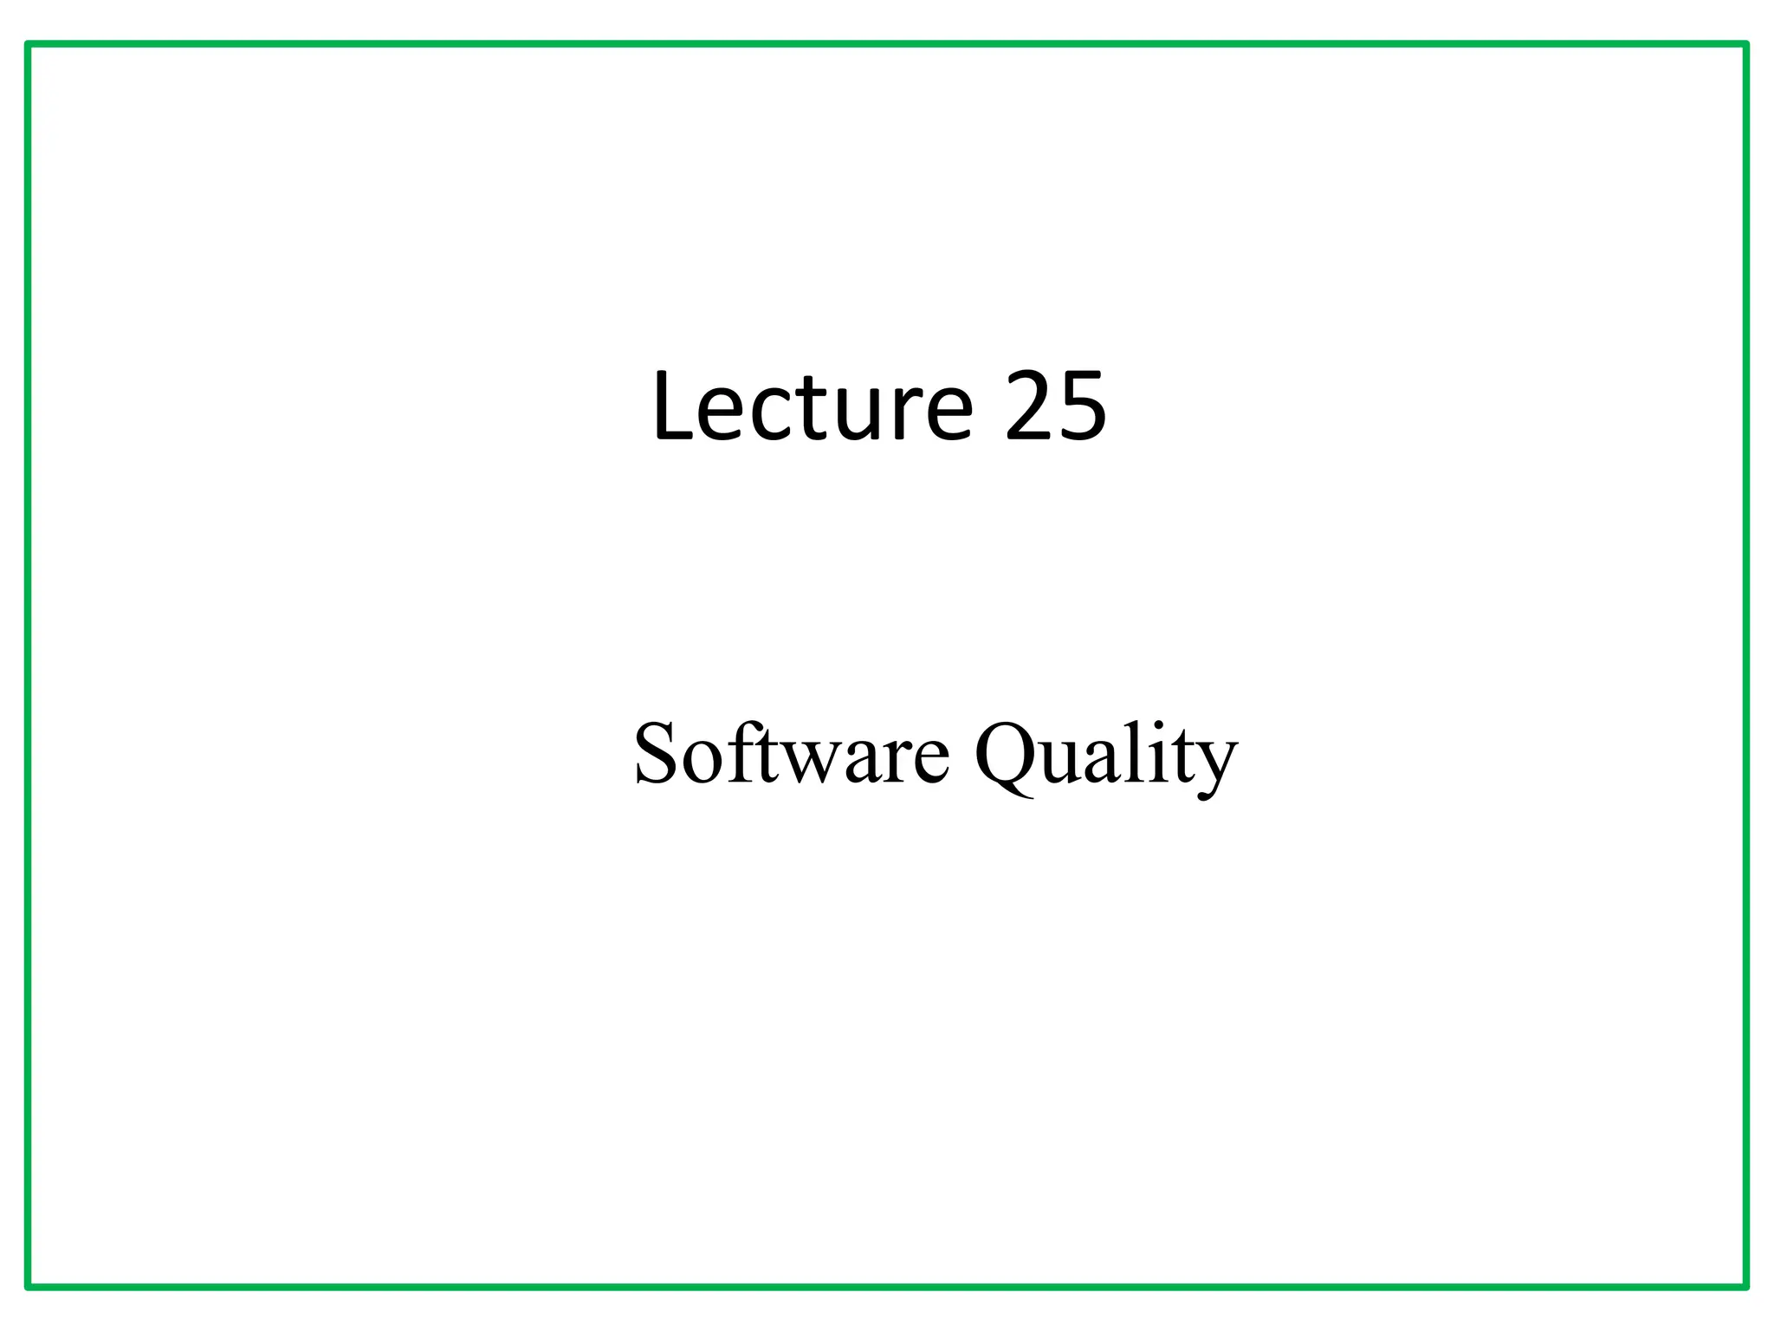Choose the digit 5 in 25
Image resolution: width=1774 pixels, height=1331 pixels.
coord(1083,406)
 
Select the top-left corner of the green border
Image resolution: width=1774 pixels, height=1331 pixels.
coord(29,44)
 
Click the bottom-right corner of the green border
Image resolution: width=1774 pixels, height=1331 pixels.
coord(1745,1287)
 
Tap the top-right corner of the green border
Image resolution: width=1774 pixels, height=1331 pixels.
coord(1745,44)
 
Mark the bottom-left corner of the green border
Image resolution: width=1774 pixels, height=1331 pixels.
coord(29,1287)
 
